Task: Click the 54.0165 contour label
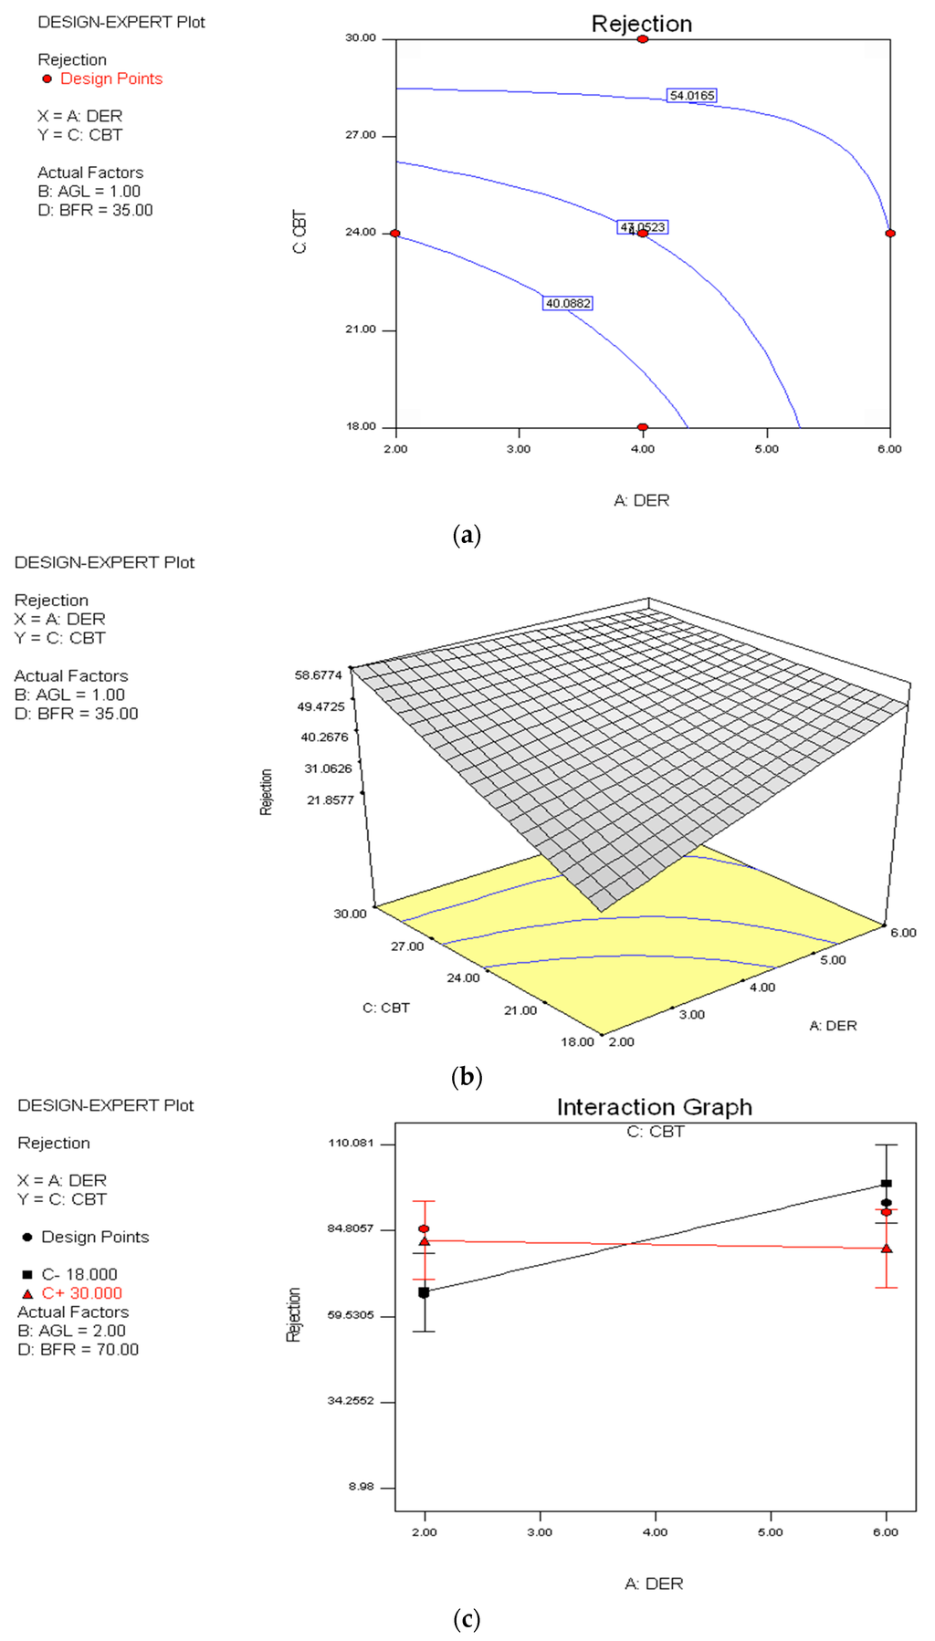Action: pos(692,95)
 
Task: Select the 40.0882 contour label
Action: pos(568,303)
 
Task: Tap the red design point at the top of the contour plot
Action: pos(643,39)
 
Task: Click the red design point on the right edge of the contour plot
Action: pos(890,234)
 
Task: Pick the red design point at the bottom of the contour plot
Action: pos(643,427)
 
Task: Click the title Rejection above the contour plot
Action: pos(642,24)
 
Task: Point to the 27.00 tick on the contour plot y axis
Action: pos(361,135)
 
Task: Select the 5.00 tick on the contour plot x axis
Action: pos(766,449)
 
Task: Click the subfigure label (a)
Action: pos(467,535)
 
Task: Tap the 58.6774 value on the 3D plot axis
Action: pos(319,675)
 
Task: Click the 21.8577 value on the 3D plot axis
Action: pos(331,800)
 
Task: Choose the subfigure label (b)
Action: pos(467,1077)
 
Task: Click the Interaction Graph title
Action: pos(655,1107)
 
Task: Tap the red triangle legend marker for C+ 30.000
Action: pos(27,1294)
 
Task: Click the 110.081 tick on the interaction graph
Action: pos(351,1144)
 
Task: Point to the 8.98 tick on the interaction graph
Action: pos(361,1487)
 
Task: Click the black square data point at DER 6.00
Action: pos(886,1184)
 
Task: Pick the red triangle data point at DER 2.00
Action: pos(425,1241)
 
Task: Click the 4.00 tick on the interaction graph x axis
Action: pos(655,1532)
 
